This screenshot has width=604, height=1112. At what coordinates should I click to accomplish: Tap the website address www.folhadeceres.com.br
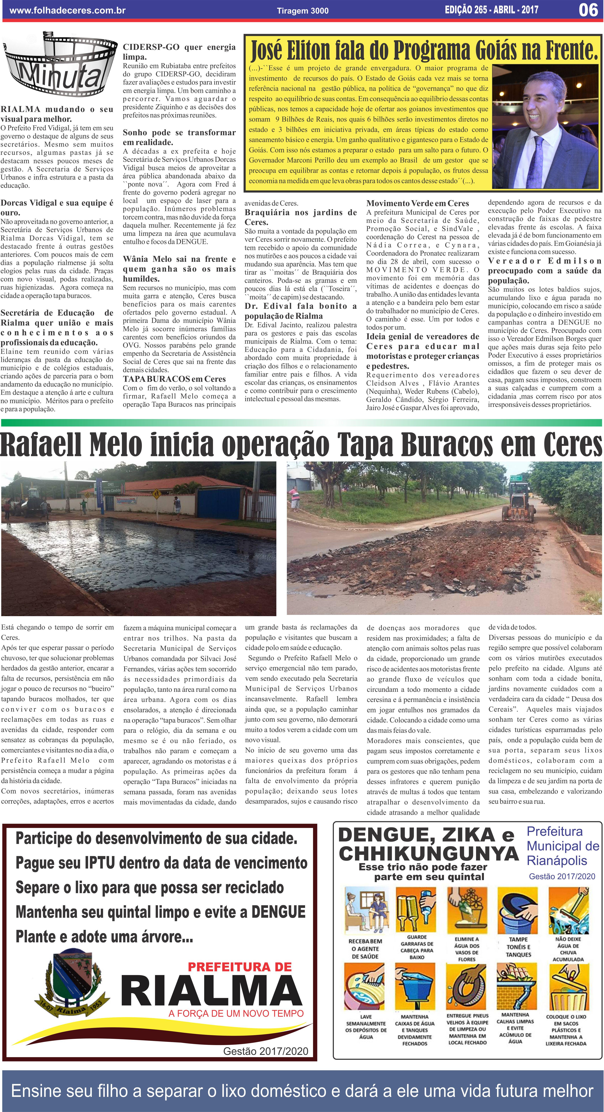(x=67, y=10)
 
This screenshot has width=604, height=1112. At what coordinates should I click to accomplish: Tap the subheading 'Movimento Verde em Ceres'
(x=417, y=203)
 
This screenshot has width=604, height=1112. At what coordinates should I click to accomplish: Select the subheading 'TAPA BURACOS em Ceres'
(x=174, y=379)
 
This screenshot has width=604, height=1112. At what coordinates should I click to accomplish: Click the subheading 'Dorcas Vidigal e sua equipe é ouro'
(x=57, y=208)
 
